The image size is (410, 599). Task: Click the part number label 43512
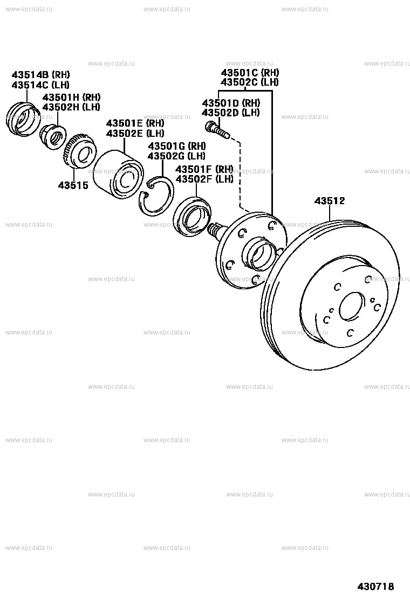click(330, 201)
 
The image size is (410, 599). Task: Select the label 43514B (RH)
click(40, 75)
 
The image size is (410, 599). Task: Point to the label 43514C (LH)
click(40, 85)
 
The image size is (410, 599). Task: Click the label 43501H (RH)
click(71, 97)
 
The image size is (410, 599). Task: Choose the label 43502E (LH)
click(135, 134)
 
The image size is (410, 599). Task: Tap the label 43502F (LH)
click(204, 179)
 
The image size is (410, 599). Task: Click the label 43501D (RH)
click(230, 103)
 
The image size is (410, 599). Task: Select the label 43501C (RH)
click(249, 73)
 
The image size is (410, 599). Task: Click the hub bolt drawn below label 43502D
click(217, 129)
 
